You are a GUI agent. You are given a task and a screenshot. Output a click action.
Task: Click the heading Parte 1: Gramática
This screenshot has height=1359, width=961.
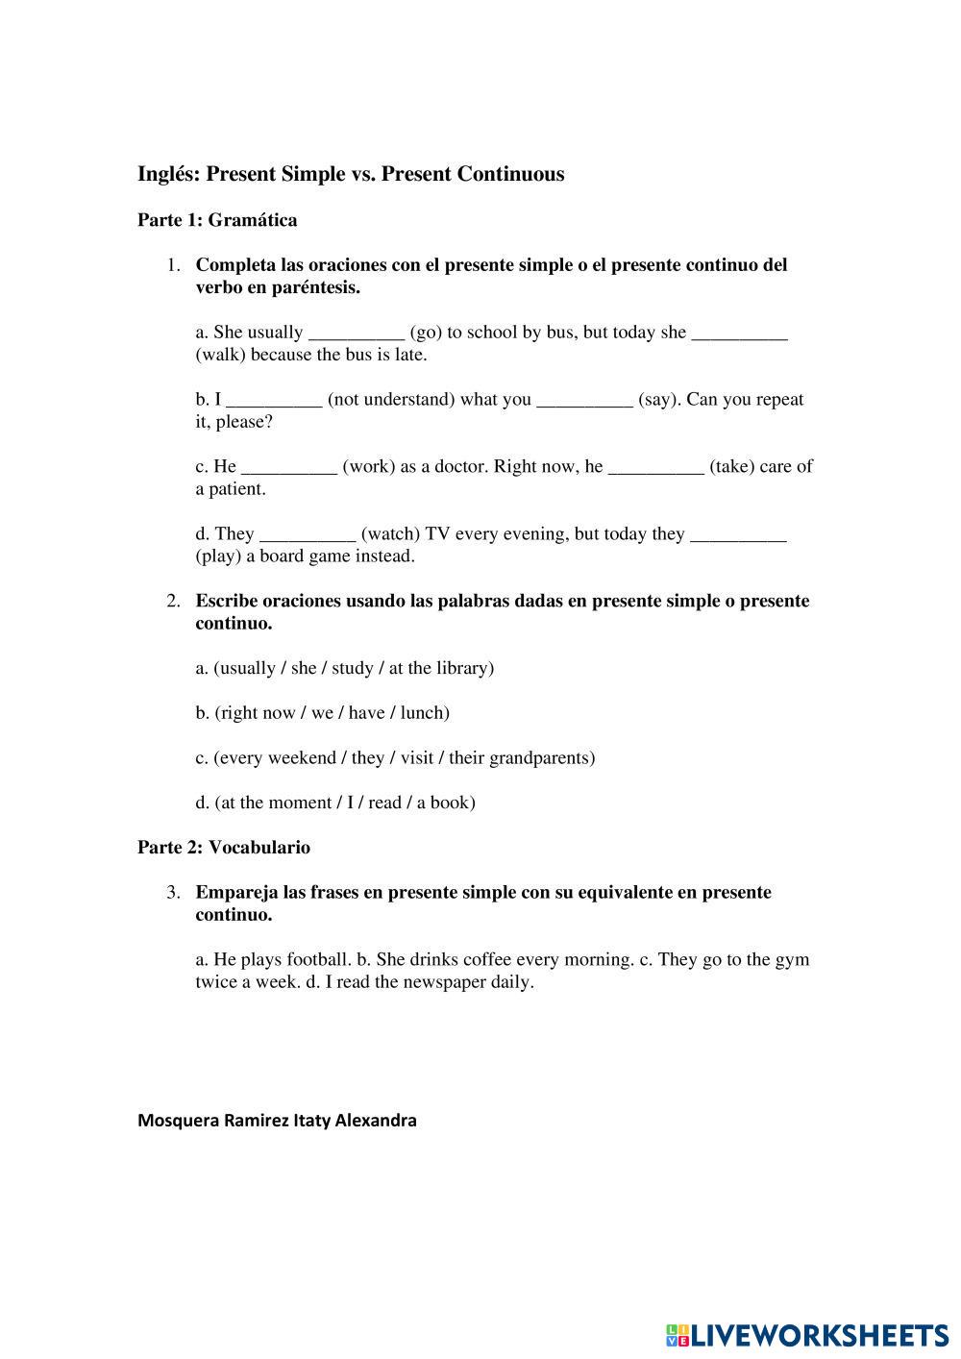217,220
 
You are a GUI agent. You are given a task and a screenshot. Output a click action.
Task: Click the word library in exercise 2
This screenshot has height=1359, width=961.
461,668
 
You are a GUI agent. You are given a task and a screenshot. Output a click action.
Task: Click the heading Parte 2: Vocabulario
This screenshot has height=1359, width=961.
224,848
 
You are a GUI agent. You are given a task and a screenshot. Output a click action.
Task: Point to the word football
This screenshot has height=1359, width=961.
318,959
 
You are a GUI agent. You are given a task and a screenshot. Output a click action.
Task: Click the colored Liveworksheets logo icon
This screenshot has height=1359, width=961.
677,1334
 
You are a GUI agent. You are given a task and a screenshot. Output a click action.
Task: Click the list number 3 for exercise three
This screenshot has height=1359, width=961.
173,893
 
